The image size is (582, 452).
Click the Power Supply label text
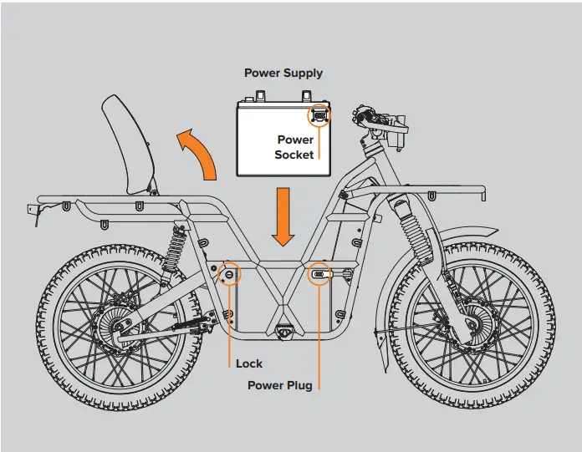[x=283, y=73]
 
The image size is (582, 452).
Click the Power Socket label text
[x=295, y=147]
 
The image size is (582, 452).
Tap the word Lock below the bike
[x=248, y=363]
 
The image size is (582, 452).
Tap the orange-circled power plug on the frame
[x=319, y=273]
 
